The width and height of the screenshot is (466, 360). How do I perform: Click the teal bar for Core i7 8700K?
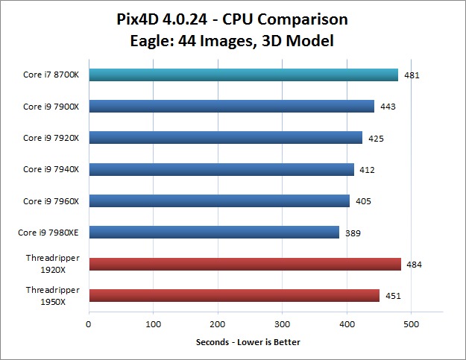coord(243,75)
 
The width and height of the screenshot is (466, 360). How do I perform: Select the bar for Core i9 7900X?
coord(231,107)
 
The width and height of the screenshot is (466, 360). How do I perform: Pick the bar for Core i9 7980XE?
coord(214,233)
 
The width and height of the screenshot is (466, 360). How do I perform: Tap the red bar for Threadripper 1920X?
coord(245,264)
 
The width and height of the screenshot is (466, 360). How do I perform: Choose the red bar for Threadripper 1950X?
coord(234,296)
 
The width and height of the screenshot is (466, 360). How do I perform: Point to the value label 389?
coord(353,233)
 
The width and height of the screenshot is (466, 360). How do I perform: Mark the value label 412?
coord(367,170)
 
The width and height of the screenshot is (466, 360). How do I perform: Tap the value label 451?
coord(392,296)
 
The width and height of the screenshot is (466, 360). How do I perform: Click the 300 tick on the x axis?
coord(282,324)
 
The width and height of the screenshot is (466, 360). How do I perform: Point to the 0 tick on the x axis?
coord(89,324)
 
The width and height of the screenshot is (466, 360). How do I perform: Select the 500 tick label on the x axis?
coord(411,324)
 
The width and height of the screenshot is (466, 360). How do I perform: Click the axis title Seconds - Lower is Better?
coord(248,342)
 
